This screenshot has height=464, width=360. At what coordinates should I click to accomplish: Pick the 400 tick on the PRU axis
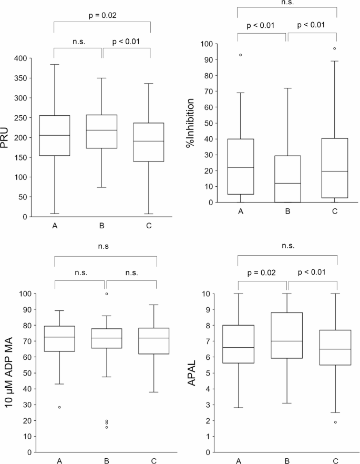point(21,58)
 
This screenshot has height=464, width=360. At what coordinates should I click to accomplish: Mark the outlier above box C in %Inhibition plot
point(335,48)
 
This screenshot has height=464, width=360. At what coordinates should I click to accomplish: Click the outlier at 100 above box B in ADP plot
point(107,294)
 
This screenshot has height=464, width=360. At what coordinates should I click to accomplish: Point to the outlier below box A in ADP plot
point(59,407)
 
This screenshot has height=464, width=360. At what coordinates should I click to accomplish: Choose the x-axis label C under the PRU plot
point(149,226)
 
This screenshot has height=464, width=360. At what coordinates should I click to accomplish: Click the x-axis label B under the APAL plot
point(287,461)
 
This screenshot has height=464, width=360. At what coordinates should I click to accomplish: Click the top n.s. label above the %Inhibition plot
point(286,2)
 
